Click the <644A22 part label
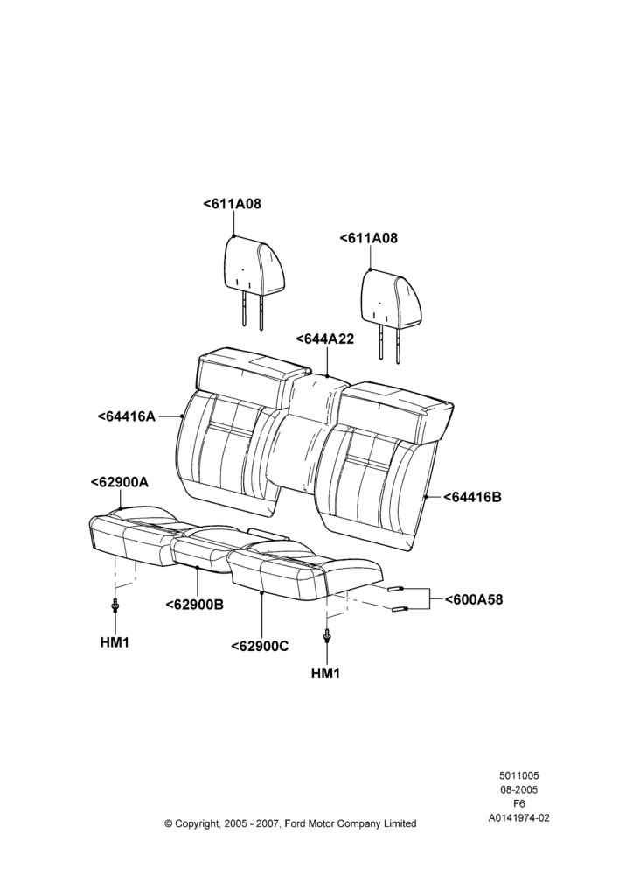click(324, 339)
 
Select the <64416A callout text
click(126, 416)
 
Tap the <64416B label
click(472, 497)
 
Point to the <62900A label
click(119, 482)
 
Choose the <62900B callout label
click(195, 605)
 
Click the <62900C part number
click(260, 647)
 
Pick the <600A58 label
click(474, 599)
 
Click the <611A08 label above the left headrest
click(232, 204)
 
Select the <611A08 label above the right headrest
click(369, 238)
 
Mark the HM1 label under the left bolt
click(115, 642)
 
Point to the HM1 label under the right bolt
click(325, 673)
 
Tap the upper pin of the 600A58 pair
click(395, 589)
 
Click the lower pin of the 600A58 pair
click(400, 609)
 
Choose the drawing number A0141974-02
click(519, 818)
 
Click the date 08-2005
click(518, 789)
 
